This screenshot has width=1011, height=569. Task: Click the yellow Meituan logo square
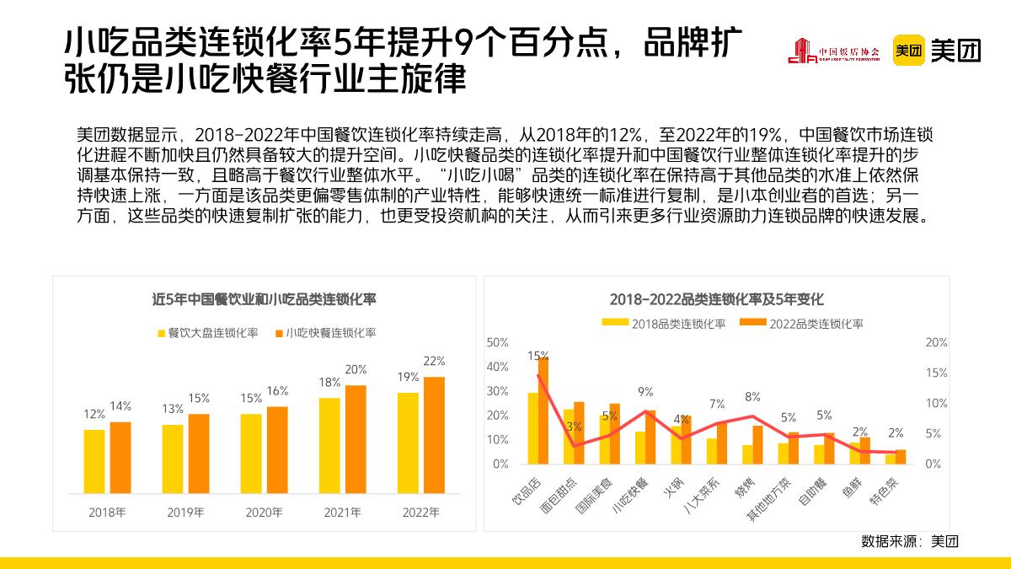909,51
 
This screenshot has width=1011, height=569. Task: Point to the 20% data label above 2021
356,369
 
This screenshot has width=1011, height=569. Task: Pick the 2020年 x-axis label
264,512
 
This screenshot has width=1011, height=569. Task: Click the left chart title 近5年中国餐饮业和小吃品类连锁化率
264,299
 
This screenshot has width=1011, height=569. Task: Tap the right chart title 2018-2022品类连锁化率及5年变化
716,299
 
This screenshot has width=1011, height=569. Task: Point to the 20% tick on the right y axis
936,342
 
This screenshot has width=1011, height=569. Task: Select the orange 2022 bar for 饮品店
543,411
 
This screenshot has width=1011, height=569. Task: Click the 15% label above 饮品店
538,356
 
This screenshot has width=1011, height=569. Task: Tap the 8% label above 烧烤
752,396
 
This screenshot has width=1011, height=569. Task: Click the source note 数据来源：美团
909,540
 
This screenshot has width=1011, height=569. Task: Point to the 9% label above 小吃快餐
645,391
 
